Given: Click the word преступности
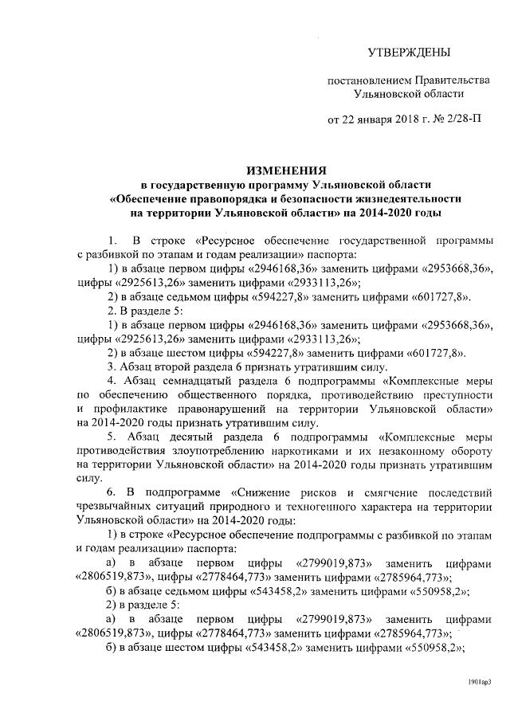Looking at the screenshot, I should coord(455,394).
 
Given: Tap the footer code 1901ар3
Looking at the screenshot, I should coord(480,682).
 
